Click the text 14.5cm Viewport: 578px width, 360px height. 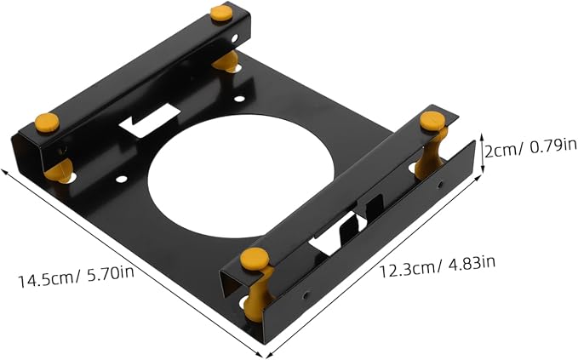point(46,280)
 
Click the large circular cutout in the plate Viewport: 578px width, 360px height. point(241,176)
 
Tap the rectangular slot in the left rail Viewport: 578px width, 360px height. point(149,120)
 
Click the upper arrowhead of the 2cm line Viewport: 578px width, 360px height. point(482,135)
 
